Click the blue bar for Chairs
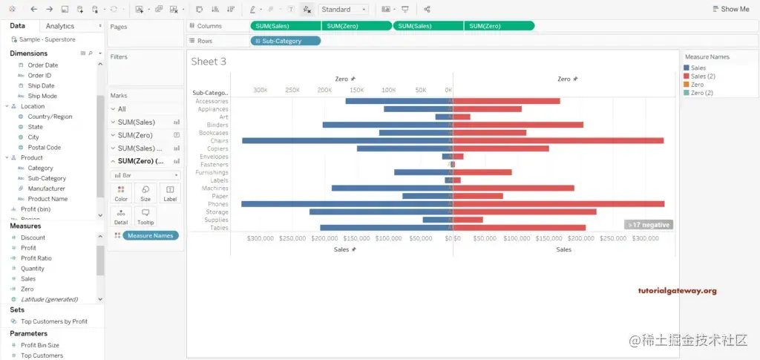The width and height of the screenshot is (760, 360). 347,140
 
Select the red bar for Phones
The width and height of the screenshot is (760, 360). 558,204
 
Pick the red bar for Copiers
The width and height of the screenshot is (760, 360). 501,148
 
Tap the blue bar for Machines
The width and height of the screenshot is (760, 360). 391,188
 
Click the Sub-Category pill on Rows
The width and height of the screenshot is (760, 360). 286,41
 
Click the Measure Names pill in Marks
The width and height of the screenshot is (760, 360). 150,235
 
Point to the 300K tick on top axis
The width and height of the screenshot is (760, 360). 261,90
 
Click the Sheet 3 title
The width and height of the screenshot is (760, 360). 209,62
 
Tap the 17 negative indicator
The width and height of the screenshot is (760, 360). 649,224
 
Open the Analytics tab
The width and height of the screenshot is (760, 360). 60,26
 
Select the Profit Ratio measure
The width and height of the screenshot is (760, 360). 36,258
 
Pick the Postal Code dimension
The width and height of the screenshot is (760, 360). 44,148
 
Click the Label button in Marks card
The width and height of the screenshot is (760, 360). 170,194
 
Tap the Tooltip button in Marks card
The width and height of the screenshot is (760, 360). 145,216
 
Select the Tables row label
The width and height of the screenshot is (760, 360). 219,228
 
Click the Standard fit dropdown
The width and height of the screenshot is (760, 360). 344,10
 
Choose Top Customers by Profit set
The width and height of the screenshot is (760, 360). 53,321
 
